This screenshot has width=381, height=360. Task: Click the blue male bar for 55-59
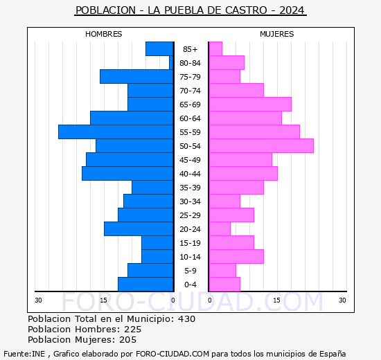(116, 132)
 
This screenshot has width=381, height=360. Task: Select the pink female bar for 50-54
(261, 145)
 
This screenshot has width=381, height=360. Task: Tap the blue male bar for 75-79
(136, 76)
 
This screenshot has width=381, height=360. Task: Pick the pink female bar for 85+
(215, 48)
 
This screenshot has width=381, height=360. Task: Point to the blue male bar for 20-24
(139, 228)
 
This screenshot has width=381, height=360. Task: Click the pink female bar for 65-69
(250, 104)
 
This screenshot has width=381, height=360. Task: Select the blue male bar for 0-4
(145, 284)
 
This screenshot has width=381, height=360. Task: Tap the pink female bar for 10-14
(236, 256)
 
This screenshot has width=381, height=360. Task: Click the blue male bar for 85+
(159, 48)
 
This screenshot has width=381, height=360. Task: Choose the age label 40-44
(190, 174)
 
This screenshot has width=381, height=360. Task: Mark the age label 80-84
(190, 63)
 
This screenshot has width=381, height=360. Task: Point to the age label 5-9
(190, 271)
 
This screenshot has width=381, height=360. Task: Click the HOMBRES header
(103, 34)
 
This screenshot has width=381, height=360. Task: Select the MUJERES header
(276, 34)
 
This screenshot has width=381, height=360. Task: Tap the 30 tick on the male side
(38, 300)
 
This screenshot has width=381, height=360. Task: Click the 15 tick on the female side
(276, 300)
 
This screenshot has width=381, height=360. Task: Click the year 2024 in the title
(292, 11)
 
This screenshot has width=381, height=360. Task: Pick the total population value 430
(186, 319)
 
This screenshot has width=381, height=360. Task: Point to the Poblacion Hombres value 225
(132, 330)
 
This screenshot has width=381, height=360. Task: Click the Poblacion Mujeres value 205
(127, 340)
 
